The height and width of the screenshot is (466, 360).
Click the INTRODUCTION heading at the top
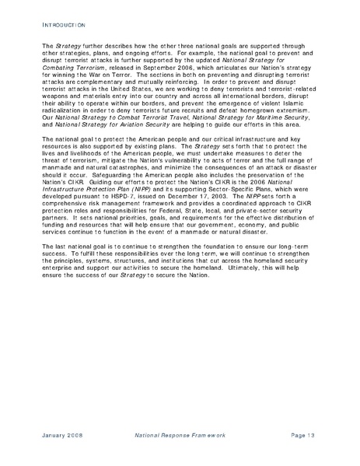click(54, 26)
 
